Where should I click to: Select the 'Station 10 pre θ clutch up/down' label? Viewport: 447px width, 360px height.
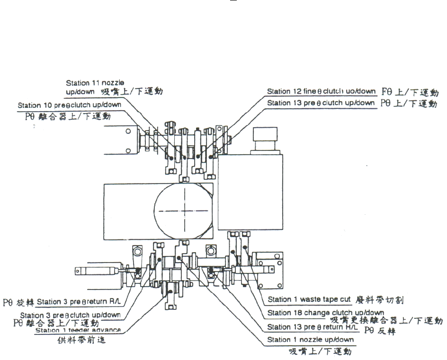(x=69, y=105)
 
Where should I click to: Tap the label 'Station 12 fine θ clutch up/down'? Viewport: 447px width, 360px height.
(x=322, y=91)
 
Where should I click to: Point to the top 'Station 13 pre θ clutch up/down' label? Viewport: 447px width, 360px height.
(x=322, y=103)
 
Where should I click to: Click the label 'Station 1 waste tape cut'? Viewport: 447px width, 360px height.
(x=309, y=299)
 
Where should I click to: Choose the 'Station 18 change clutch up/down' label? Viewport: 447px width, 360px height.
(x=325, y=313)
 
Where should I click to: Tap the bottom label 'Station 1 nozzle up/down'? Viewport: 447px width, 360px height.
(x=310, y=340)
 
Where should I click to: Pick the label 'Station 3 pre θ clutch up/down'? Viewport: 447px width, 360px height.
(x=70, y=315)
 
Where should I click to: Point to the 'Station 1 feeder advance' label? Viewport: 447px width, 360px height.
(x=78, y=330)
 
